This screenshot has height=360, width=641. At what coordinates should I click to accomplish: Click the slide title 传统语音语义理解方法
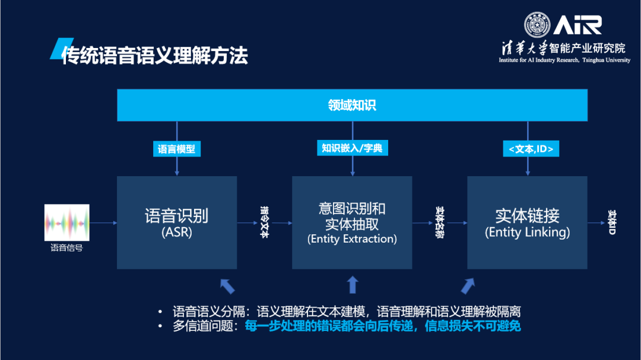154,55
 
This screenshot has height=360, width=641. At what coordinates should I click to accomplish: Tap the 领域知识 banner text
352,106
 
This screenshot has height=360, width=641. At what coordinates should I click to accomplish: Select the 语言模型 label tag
176,149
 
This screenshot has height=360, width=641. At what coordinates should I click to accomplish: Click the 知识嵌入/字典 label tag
352,148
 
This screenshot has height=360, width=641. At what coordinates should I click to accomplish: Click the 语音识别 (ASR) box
176,222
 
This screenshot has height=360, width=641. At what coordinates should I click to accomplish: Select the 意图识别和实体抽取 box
352,222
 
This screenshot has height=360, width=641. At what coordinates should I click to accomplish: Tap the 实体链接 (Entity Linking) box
527,222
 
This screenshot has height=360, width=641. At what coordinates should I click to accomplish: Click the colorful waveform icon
66,222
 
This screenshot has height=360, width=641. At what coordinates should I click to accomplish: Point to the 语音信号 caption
66,248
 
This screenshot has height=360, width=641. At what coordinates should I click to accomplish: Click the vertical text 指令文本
265,222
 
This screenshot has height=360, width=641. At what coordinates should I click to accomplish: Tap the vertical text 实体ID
612,222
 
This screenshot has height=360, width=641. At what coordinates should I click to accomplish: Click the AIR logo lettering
577,25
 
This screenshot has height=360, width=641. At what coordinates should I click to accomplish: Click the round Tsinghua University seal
537,25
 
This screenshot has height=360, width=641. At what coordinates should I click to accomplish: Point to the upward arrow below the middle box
353,285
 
